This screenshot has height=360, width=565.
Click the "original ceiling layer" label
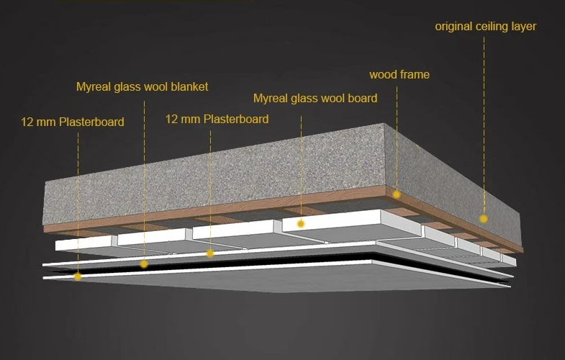click(485, 27)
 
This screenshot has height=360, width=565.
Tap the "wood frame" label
click(399, 74)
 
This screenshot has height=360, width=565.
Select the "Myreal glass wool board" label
click(315, 98)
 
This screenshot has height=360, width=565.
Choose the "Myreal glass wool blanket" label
click(142, 86)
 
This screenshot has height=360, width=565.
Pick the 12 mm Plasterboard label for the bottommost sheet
click(73, 122)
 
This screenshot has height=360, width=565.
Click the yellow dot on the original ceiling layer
click(484, 218)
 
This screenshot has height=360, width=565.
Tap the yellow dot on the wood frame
click(397, 194)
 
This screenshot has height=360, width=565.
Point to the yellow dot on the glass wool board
click(301, 224)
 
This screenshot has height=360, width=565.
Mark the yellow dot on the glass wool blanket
click(144, 264)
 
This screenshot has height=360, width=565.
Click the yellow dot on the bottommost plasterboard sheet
click(78, 276)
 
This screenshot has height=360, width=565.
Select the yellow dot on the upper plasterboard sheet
click(210, 253)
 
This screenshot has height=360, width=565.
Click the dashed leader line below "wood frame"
click(397, 137)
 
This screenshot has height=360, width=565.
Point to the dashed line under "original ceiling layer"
click(484, 122)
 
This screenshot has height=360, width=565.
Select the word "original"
click(454, 27)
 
